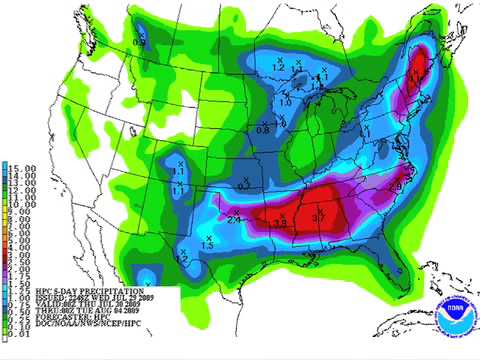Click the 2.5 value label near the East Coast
click(395, 187)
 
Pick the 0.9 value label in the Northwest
click(139, 42)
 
